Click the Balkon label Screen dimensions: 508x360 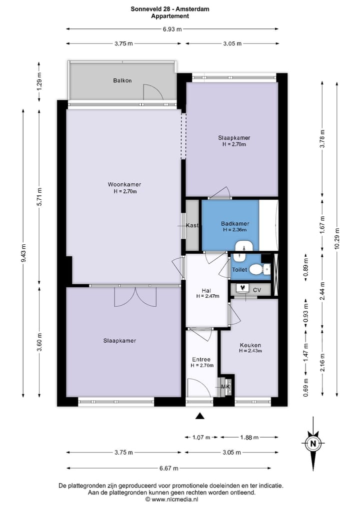coord(122,80)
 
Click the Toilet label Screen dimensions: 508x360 coord(239,270)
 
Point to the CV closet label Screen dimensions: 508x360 coord(257,289)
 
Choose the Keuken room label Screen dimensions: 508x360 coord(250,345)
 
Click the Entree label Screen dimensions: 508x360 coord(201,359)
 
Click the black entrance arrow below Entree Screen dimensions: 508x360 coord(200,416)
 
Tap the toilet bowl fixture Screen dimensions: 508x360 coord(256,270)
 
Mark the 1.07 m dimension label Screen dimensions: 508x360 coord(201,438)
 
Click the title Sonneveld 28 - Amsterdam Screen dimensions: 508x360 coord(170,8)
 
